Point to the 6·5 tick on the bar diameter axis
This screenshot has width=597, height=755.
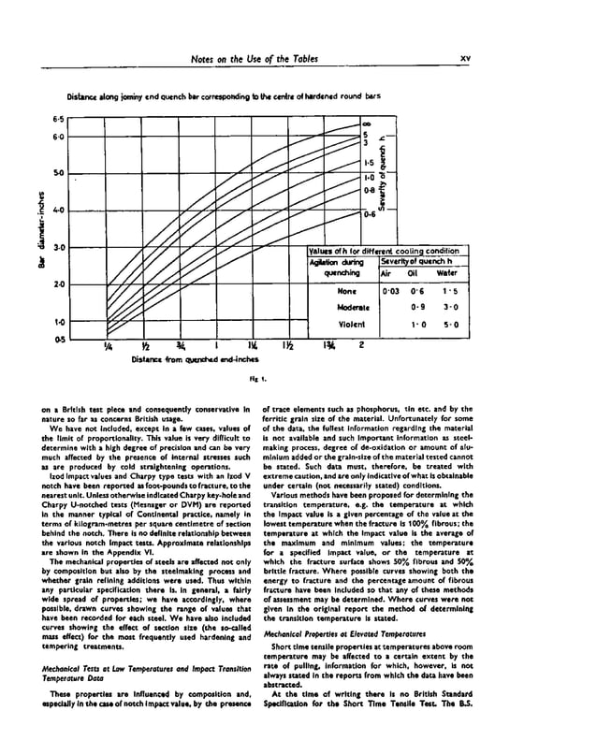(x=58, y=120)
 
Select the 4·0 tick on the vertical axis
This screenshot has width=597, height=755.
(x=58, y=211)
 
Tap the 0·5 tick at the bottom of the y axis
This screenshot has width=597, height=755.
(x=58, y=338)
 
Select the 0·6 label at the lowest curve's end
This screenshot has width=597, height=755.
(x=370, y=214)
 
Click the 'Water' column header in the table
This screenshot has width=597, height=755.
(x=446, y=274)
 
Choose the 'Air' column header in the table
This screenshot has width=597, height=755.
(x=387, y=274)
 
